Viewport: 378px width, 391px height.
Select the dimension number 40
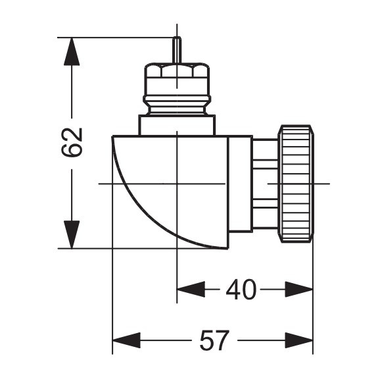[x=241, y=289]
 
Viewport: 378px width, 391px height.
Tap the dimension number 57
[x=214, y=341]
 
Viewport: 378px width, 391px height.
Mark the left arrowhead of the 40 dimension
[x=191, y=289]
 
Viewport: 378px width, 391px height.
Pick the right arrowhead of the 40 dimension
[x=298, y=289]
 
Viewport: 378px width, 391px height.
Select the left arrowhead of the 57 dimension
[x=126, y=341]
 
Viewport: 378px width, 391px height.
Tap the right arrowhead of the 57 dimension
[x=298, y=341]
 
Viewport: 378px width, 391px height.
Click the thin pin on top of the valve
[x=176, y=50]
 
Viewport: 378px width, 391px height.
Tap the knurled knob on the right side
[x=296, y=183]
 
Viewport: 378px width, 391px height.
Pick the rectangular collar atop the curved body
[x=176, y=125]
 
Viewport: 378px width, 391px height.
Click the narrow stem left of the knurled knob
[x=266, y=183]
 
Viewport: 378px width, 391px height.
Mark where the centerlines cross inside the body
[x=177, y=183]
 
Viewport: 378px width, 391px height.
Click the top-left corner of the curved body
[x=113, y=137]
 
